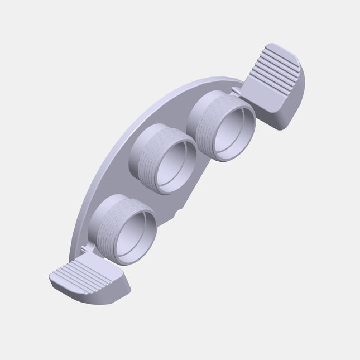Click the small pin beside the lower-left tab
tap(85, 247)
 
